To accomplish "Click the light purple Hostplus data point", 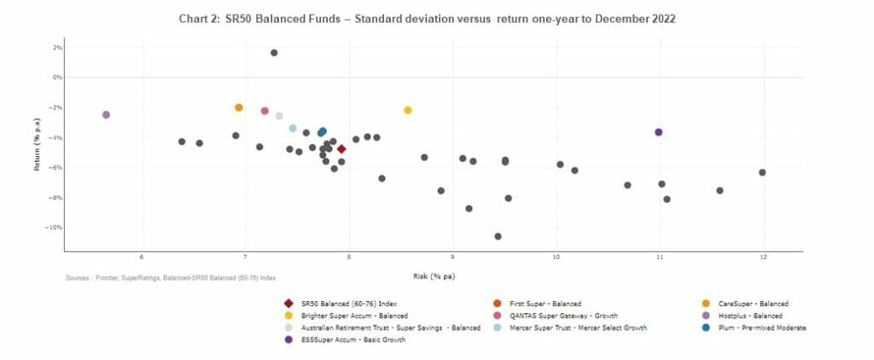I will coord(106,114).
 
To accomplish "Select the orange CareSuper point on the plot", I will coord(239,107).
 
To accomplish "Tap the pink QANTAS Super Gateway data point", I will coord(265,112).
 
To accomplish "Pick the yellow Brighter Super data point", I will coord(408,110).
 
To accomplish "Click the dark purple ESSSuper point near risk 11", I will coord(658,132).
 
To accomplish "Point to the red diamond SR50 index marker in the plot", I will coord(341,149).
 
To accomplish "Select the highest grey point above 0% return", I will coord(274,53).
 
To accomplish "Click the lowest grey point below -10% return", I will coord(498,236).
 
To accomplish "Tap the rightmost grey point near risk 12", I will coord(762,172).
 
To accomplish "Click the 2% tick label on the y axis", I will coord(57,48).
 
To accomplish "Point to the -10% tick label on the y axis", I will coord(55,228).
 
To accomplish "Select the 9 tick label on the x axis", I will coord(452,258).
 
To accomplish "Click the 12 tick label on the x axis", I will coord(763,258).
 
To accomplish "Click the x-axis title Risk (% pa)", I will coord(433,276).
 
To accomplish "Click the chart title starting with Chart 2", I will coord(427,18).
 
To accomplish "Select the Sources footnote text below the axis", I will coord(171,278).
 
